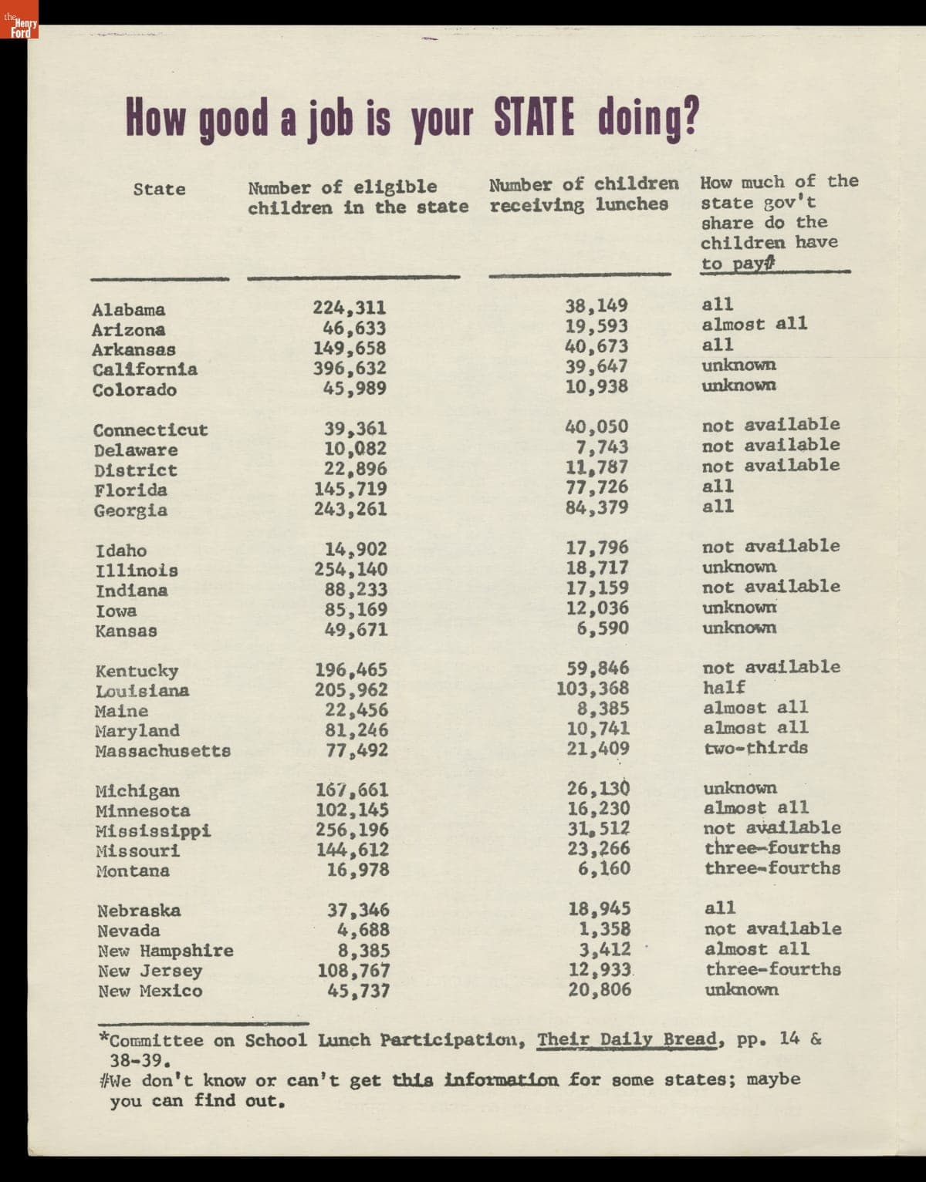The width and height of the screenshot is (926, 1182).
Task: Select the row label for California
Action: pyautogui.click(x=144, y=369)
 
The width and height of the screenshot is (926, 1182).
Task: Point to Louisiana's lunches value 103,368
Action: pyautogui.click(x=593, y=688)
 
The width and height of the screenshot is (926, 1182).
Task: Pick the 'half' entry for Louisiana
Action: pyautogui.click(x=724, y=687)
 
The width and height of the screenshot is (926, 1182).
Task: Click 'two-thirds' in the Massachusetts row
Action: pyautogui.click(x=755, y=748)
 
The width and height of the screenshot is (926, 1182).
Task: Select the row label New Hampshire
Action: pyautogui.click(x=165, y=951)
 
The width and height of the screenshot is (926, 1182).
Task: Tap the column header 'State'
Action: pyautogui.click(x=159, y=189)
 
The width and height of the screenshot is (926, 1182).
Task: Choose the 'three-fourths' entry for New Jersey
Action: pyautogui.click(x=772, y=969)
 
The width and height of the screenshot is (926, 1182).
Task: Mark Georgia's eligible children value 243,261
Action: pyautogui.click(x=350, y=509)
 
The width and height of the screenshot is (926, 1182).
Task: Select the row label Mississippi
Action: pyautogui.click(x=153, y=831)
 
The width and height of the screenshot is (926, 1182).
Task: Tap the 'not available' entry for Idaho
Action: pyautogui.click(x=770, y=546)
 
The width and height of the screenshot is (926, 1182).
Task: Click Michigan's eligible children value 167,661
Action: pyautogui.click(x=352, y=790)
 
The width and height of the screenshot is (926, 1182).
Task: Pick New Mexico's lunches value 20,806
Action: pyautogui.click(x=600, y=990)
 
